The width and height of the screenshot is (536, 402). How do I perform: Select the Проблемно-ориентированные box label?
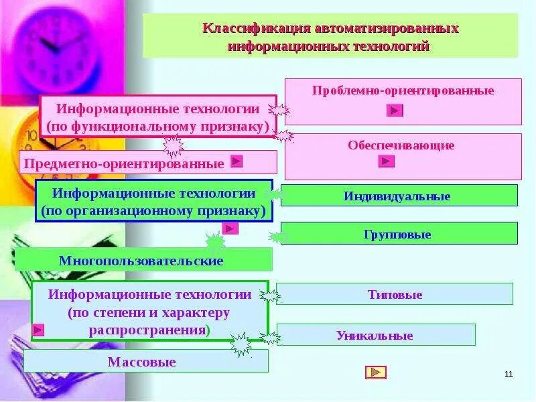(x=403, y=90)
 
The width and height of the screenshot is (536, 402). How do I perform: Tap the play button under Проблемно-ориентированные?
(x=395, y=111)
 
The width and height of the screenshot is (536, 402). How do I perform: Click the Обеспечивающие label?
(x=401, y=145)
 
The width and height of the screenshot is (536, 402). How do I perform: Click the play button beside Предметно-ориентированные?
(x=236, y=161)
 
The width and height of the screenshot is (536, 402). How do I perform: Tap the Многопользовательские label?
(x=141, y=261)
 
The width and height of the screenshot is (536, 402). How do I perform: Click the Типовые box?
(x=395, y=295)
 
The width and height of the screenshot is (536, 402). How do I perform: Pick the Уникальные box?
(x=375, y=336)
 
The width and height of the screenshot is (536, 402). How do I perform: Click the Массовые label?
(x=141, y=362)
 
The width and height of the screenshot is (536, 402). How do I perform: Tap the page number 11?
(x=508, y=373)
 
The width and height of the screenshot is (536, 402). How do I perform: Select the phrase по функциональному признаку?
(x=158, y=126)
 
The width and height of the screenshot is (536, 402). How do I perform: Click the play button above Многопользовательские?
(x=230, y=228)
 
